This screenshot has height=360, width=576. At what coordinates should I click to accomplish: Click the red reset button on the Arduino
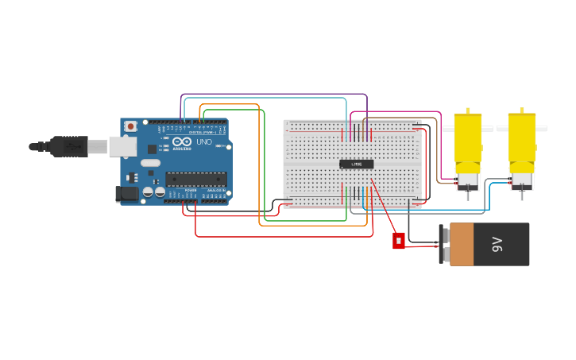point(130,126)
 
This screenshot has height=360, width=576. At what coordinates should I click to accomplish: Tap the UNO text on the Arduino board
point(203,142)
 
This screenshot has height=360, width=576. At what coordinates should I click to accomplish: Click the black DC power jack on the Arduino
point(126,193)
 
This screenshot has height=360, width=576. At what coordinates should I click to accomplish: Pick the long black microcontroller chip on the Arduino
point(195,180)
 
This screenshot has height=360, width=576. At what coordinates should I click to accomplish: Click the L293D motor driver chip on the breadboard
point(356,165)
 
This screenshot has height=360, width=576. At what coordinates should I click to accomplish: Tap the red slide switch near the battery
point(398,240)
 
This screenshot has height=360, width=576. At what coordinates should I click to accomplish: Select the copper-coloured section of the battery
point(462,244)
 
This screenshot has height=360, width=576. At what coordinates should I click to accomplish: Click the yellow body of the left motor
point(467,139)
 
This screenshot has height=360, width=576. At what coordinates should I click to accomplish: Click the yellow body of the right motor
point(521,139)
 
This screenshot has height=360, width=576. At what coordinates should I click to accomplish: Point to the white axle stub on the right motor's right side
point(541,128)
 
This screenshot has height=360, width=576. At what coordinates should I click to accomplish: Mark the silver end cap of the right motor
point(521,178)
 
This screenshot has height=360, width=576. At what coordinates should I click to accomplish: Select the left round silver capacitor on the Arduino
point(148,192)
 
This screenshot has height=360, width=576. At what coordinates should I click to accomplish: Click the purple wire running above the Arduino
point(274,95)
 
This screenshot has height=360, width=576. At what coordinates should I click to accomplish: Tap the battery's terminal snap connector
point(443,244)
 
